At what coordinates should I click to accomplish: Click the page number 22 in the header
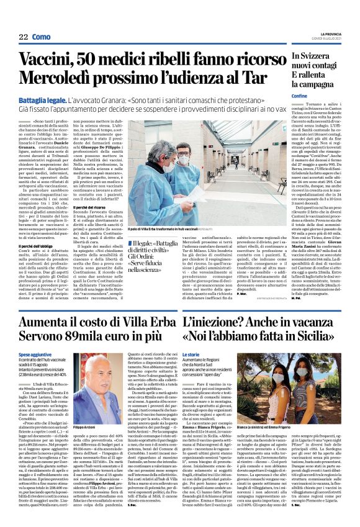tap(22, 37)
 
